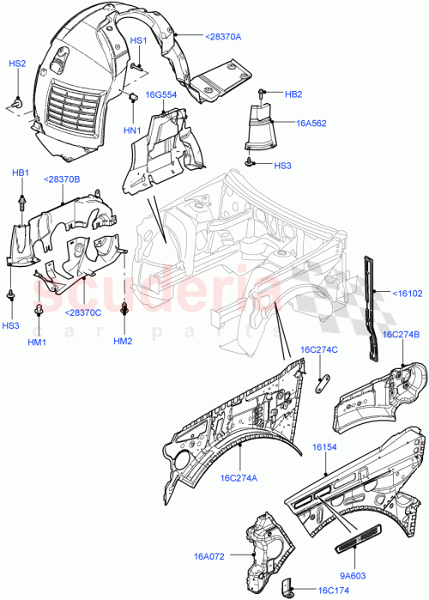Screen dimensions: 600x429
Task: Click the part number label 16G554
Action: [x=160, y=95]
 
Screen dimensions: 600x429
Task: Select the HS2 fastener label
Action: [x=17, y=64]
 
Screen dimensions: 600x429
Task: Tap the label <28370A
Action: [x=224, y=36]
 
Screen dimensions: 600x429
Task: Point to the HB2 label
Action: [x=293, y=94]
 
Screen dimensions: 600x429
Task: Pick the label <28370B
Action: [x=61, y=180]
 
